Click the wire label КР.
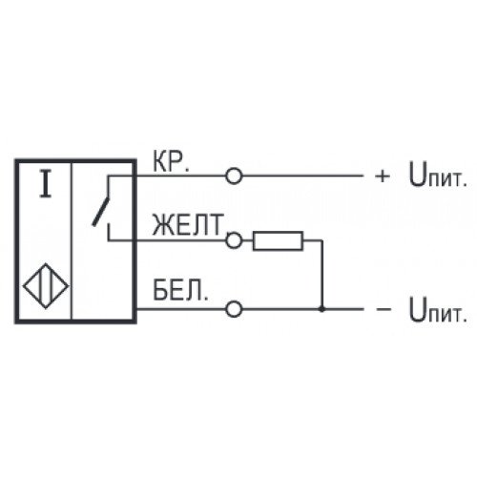click(x=171, y=161)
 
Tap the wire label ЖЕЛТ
click(x=188, y=224)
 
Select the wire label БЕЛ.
click(x=180, y=291)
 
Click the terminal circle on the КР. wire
click(x=234, y=176)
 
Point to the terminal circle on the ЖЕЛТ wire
click(x=234, y=240)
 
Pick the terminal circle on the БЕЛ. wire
click(x=234, y=309)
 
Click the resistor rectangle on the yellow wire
click(x=278, y=240)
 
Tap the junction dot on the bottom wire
click(x=321, y=309)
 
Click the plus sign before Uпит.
click(x=383, y=176)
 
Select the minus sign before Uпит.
click(x=384, y=309)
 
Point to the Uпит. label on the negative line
click(x=438, y=309)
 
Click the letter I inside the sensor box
click(x=46, y=184)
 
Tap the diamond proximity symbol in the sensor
click(x=46, y=286)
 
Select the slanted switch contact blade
click(x=100, y=212)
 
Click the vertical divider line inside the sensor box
click(x=73, y=240)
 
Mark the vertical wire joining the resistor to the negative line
click(x=322, y=275)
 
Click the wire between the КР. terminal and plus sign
click(x=302, y=176)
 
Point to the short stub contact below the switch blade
click(x=109, y=232)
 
